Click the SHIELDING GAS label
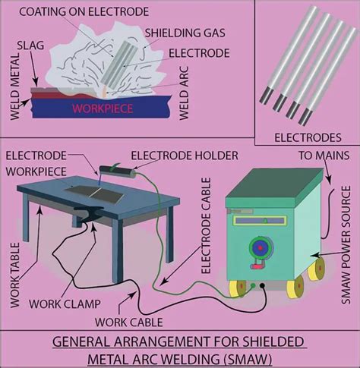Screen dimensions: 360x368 point(185,33)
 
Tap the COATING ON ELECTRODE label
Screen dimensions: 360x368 point(84,12)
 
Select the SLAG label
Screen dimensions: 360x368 point(30,46)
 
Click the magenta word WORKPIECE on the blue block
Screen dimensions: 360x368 point(103,109)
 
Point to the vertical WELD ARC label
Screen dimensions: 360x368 point(184,93)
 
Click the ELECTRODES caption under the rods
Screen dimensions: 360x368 point(308,138)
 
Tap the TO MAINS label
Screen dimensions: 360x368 point(324,156)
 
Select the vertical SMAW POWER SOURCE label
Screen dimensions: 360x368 point(346,245)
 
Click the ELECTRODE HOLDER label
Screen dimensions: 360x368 point(185,156)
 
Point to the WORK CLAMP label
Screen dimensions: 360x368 point(65,304)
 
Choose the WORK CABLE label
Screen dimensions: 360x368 point(129,322)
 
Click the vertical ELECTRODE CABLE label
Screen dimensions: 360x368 point(206,225)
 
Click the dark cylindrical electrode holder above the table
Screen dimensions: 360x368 point(117,172)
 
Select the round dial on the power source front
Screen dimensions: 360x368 point(261,248)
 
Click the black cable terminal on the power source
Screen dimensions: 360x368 point(263,286)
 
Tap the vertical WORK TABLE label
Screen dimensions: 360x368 point(15,275)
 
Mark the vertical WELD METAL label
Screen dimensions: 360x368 point(15,86)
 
